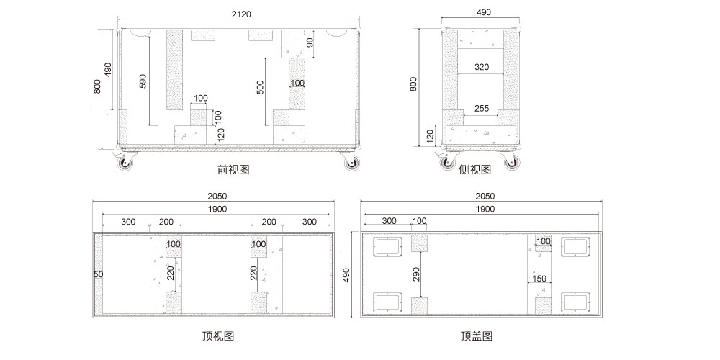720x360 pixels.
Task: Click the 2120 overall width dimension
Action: pyautogui.click(x=240, y=14)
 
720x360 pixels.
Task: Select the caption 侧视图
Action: pyautogui.click(x=474, y=170)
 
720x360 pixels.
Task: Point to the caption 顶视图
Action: pyautogui.click(x=218, y=336)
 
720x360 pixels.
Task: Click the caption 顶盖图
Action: pyautogui.click(x=477, y=336)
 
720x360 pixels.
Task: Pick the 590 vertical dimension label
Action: pyautogui.click(x=143, y=81)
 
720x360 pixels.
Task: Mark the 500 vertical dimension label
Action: pyautogui.click(x=261, y=87)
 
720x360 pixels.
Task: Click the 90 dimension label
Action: pyautogui.click(x=310, y=43)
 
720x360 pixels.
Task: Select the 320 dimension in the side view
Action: pyautogui.click(x=482, y=67)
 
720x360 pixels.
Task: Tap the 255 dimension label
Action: pyautogui.click(x=482, y=109)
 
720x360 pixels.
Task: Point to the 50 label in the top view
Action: pyautogui.click(x=98, y=274)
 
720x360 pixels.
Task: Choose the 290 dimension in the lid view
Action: pyautogui.click(x=416, y=274)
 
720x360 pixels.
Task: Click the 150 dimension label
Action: pyautogui.click(x=539, y=279)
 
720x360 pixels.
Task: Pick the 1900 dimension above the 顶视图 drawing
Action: pyautogui.click(x=217, y=209)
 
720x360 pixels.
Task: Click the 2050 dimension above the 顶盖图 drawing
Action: pyautogui.click(x=485, y=197)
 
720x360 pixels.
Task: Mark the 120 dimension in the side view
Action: pyautogui.click(x=430, y=135)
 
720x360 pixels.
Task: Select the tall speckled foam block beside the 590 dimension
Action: pyautogui.click(x=174, y=70)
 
